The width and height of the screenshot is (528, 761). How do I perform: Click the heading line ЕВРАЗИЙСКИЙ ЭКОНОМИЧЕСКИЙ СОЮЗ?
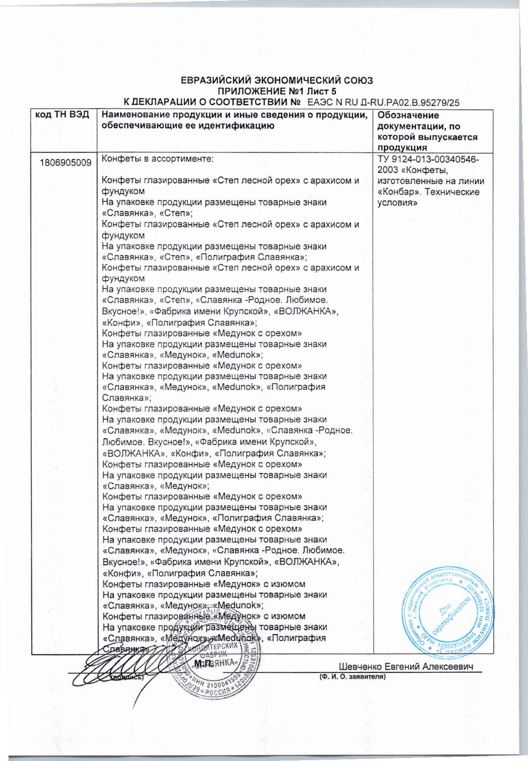click(x=277, y=80)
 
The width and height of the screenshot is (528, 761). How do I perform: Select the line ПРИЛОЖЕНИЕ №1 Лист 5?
click(x=277, y=91)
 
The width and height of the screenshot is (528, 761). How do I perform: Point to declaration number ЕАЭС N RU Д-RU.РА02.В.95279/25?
click(x=383, y=102)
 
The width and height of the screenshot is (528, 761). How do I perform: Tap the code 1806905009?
click(x=65, y=163)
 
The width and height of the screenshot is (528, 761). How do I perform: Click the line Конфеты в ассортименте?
click(x=157, y=159)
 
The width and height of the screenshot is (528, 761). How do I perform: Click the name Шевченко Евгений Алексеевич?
click(x=406, y=666)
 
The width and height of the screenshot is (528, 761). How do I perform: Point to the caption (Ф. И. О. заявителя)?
click(x=352, y=676)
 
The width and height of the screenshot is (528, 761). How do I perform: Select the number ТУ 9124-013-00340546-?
click(x=428, y=159)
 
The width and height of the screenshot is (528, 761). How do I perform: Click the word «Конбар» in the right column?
click(x=397, y=192)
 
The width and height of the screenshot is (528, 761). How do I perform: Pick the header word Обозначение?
click(x=402, y=115)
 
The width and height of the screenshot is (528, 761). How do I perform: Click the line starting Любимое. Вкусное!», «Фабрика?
click(x=209, y=442)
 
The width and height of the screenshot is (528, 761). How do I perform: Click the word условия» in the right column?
click(x=397, y=203)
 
